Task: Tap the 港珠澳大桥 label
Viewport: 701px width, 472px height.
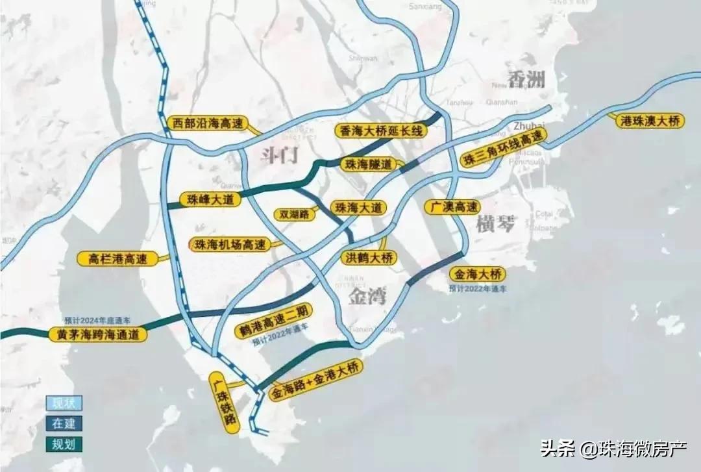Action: (649, 120)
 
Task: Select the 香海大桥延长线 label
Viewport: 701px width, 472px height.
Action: (382, 131)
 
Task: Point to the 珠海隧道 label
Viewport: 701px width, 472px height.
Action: (368, 164)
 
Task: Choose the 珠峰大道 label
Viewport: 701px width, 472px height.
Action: (210, 199)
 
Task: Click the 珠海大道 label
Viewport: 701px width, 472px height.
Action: (358, 208)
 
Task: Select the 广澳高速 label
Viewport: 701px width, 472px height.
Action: (453, 207)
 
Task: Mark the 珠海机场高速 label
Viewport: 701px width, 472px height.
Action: (230, 245)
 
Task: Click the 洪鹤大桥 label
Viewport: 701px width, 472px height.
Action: (368, 258)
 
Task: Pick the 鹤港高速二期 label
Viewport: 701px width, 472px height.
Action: (274, 318)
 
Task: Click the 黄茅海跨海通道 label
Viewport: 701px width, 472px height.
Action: (98, 334)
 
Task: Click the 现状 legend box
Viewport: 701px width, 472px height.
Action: (64, 403)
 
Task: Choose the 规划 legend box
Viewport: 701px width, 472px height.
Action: (64, 445)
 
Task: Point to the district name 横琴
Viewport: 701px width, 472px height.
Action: (495, 225)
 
